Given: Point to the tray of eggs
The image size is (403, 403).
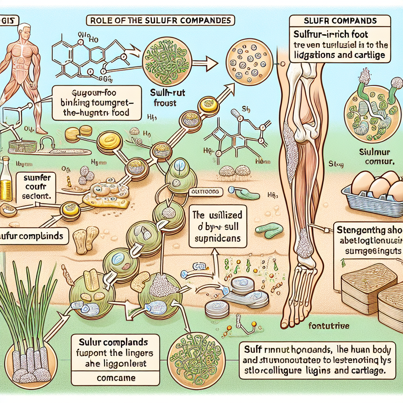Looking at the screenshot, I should point(373,190).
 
